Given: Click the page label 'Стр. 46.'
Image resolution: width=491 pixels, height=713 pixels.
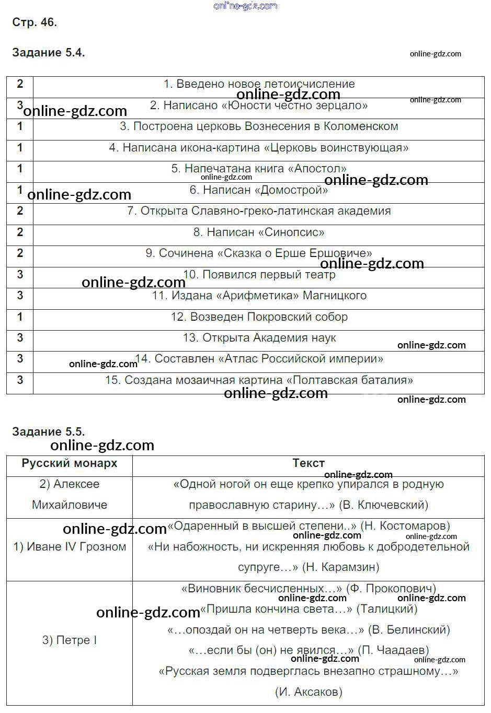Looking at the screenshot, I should pyautogui.click(x=35, y=22).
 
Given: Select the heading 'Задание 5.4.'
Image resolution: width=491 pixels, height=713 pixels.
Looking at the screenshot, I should pyautogui.click(x=48, y=53).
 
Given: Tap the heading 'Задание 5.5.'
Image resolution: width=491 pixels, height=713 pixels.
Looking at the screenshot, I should pyautogui.click(x=48, y=432).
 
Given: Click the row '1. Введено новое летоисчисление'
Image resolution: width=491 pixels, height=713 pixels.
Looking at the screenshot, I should pyautogui.click(x=259, y=84).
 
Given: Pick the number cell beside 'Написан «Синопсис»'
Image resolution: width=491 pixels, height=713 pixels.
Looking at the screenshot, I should pyautogui.click(x=20, y=232).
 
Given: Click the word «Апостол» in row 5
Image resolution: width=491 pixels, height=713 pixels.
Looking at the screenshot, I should pyautogui.click(x=321, y=169).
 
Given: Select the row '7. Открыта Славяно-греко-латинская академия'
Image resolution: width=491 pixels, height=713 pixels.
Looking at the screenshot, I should pyautogui.click(x=259, y=211).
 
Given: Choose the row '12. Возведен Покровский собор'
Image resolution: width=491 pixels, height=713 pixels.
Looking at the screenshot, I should pyautogui.click(x=259, y=317).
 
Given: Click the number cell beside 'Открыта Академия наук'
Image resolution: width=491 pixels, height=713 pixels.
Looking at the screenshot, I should pyautogui.click(x=20, y=338).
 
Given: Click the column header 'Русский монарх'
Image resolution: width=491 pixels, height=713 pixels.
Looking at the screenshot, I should pyautogui.click(x=70, y=463).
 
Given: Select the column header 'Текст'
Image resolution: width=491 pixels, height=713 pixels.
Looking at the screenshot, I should pyautogui.click(x=309, y=463).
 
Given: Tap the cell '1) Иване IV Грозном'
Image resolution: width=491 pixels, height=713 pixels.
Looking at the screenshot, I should pyautogui.click(x=70, y=547).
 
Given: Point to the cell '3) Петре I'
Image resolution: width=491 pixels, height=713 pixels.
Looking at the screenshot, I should pyautogui.click(x=70, y=640).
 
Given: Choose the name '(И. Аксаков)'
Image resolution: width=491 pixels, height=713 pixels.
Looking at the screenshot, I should pyautogui.click(x=309, y=692).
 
